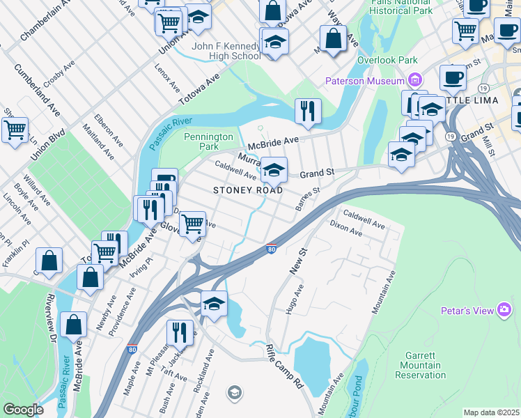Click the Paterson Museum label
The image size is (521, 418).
coord(365,82)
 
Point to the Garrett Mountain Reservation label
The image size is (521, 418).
coord(420,365)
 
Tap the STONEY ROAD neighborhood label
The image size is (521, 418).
coord(248,190)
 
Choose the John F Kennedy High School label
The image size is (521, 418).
coord(226,51)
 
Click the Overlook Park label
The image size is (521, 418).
coord(387,60)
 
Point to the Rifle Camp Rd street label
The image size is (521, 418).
coord(285,365)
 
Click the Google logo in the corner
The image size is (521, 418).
coord(23,409)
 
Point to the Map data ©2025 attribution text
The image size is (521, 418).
coord(491,412)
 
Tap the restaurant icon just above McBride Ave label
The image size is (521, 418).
coord(307,110)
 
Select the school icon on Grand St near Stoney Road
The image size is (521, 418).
coord(274,169)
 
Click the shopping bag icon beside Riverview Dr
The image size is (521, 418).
coord(73,325)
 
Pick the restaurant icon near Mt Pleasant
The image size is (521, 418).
coord(180,333)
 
